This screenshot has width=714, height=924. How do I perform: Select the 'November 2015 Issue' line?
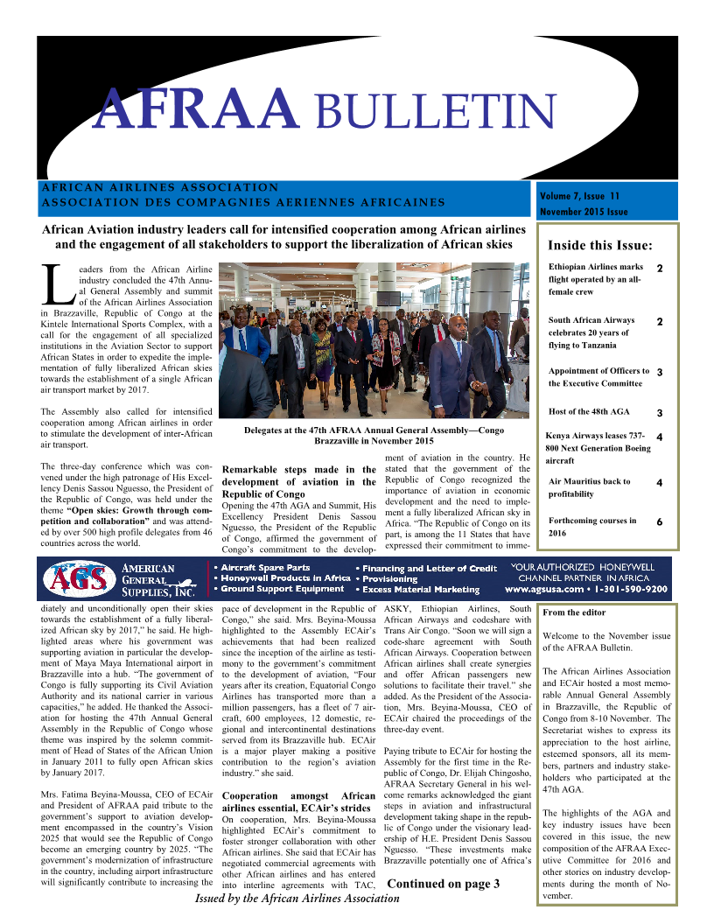coord(584,212)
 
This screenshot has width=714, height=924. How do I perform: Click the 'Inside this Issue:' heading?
coord(599,245)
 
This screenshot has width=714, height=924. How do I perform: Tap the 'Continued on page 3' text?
coord(443,884)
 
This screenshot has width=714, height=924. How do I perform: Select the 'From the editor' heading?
coord(574,612)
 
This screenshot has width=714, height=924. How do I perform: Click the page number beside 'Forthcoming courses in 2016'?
coord(659,521)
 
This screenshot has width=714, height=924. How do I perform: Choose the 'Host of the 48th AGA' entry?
coord(589,411)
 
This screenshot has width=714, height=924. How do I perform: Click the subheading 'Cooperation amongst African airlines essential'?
coord(299,802)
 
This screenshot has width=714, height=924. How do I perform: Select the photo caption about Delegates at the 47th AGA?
coord(374,436)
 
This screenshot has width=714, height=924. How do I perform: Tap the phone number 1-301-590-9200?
coord(635,590)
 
